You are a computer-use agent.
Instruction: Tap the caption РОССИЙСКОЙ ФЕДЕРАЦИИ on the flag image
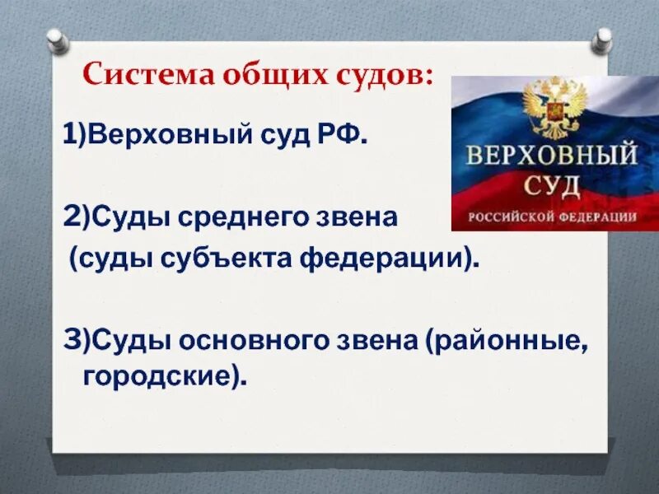click(552, 217)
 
